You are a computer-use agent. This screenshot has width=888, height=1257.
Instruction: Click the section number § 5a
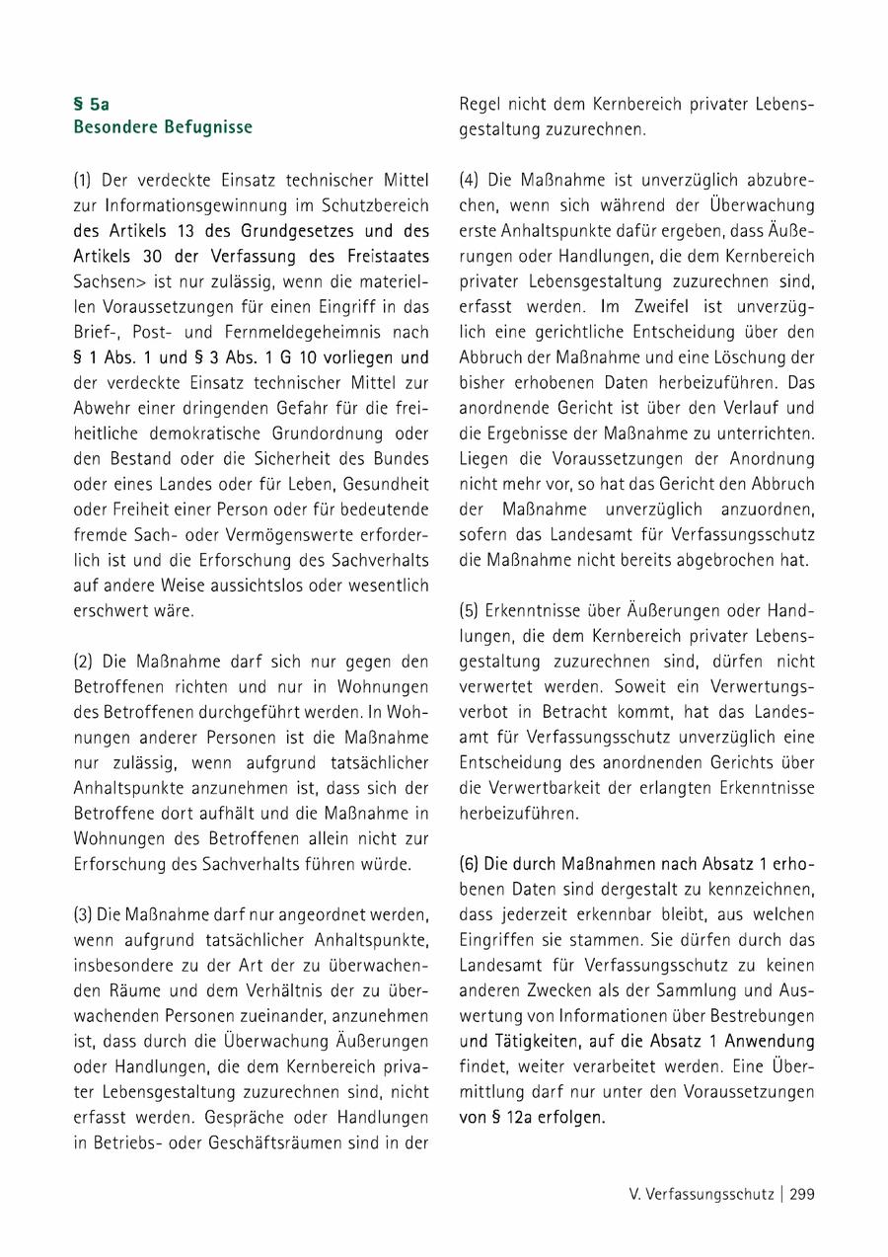pos(91,103)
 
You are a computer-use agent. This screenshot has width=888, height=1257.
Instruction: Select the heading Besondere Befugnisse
pos(163,127)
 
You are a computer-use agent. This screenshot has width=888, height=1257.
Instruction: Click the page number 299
pos(802,1194)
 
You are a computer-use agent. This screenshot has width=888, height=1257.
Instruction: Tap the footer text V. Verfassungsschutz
pos(701,1194)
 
